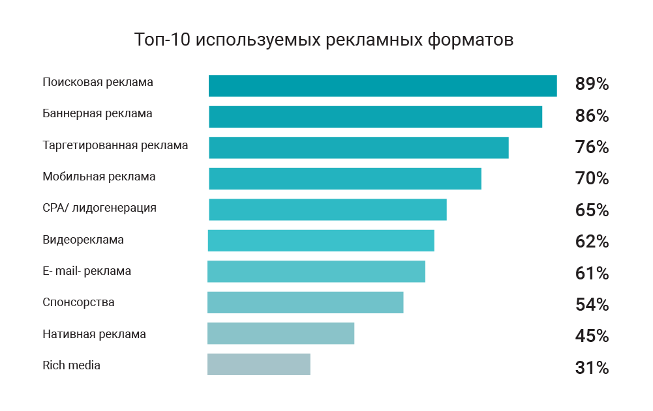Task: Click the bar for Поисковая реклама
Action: click(x=382, y=86)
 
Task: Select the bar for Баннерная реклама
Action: click(x=375, y=117)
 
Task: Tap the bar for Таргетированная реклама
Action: click(x=358, y=147)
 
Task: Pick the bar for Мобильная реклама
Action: click(x=344, y=178)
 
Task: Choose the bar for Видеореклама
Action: click(x=321, y=241)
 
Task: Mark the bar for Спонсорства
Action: click(x=305, y=303)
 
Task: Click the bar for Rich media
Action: click(x=259, y=365)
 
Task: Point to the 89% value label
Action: click(x=592, y=84)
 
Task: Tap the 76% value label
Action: click(x=592, y=147)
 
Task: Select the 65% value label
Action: click(x=592, y=210)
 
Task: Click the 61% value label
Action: click(x=592, y=273)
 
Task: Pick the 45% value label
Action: click(x=592, y=336)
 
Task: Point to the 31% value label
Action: click(x=592, y=368)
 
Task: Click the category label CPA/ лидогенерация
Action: click(x=99, y=208)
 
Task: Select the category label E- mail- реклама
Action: click(x=87, y=271)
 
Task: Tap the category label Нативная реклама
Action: click(x=94, y=334)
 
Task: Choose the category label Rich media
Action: click(x=71, y=365)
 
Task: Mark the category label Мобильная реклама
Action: click(x=99, y=177)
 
